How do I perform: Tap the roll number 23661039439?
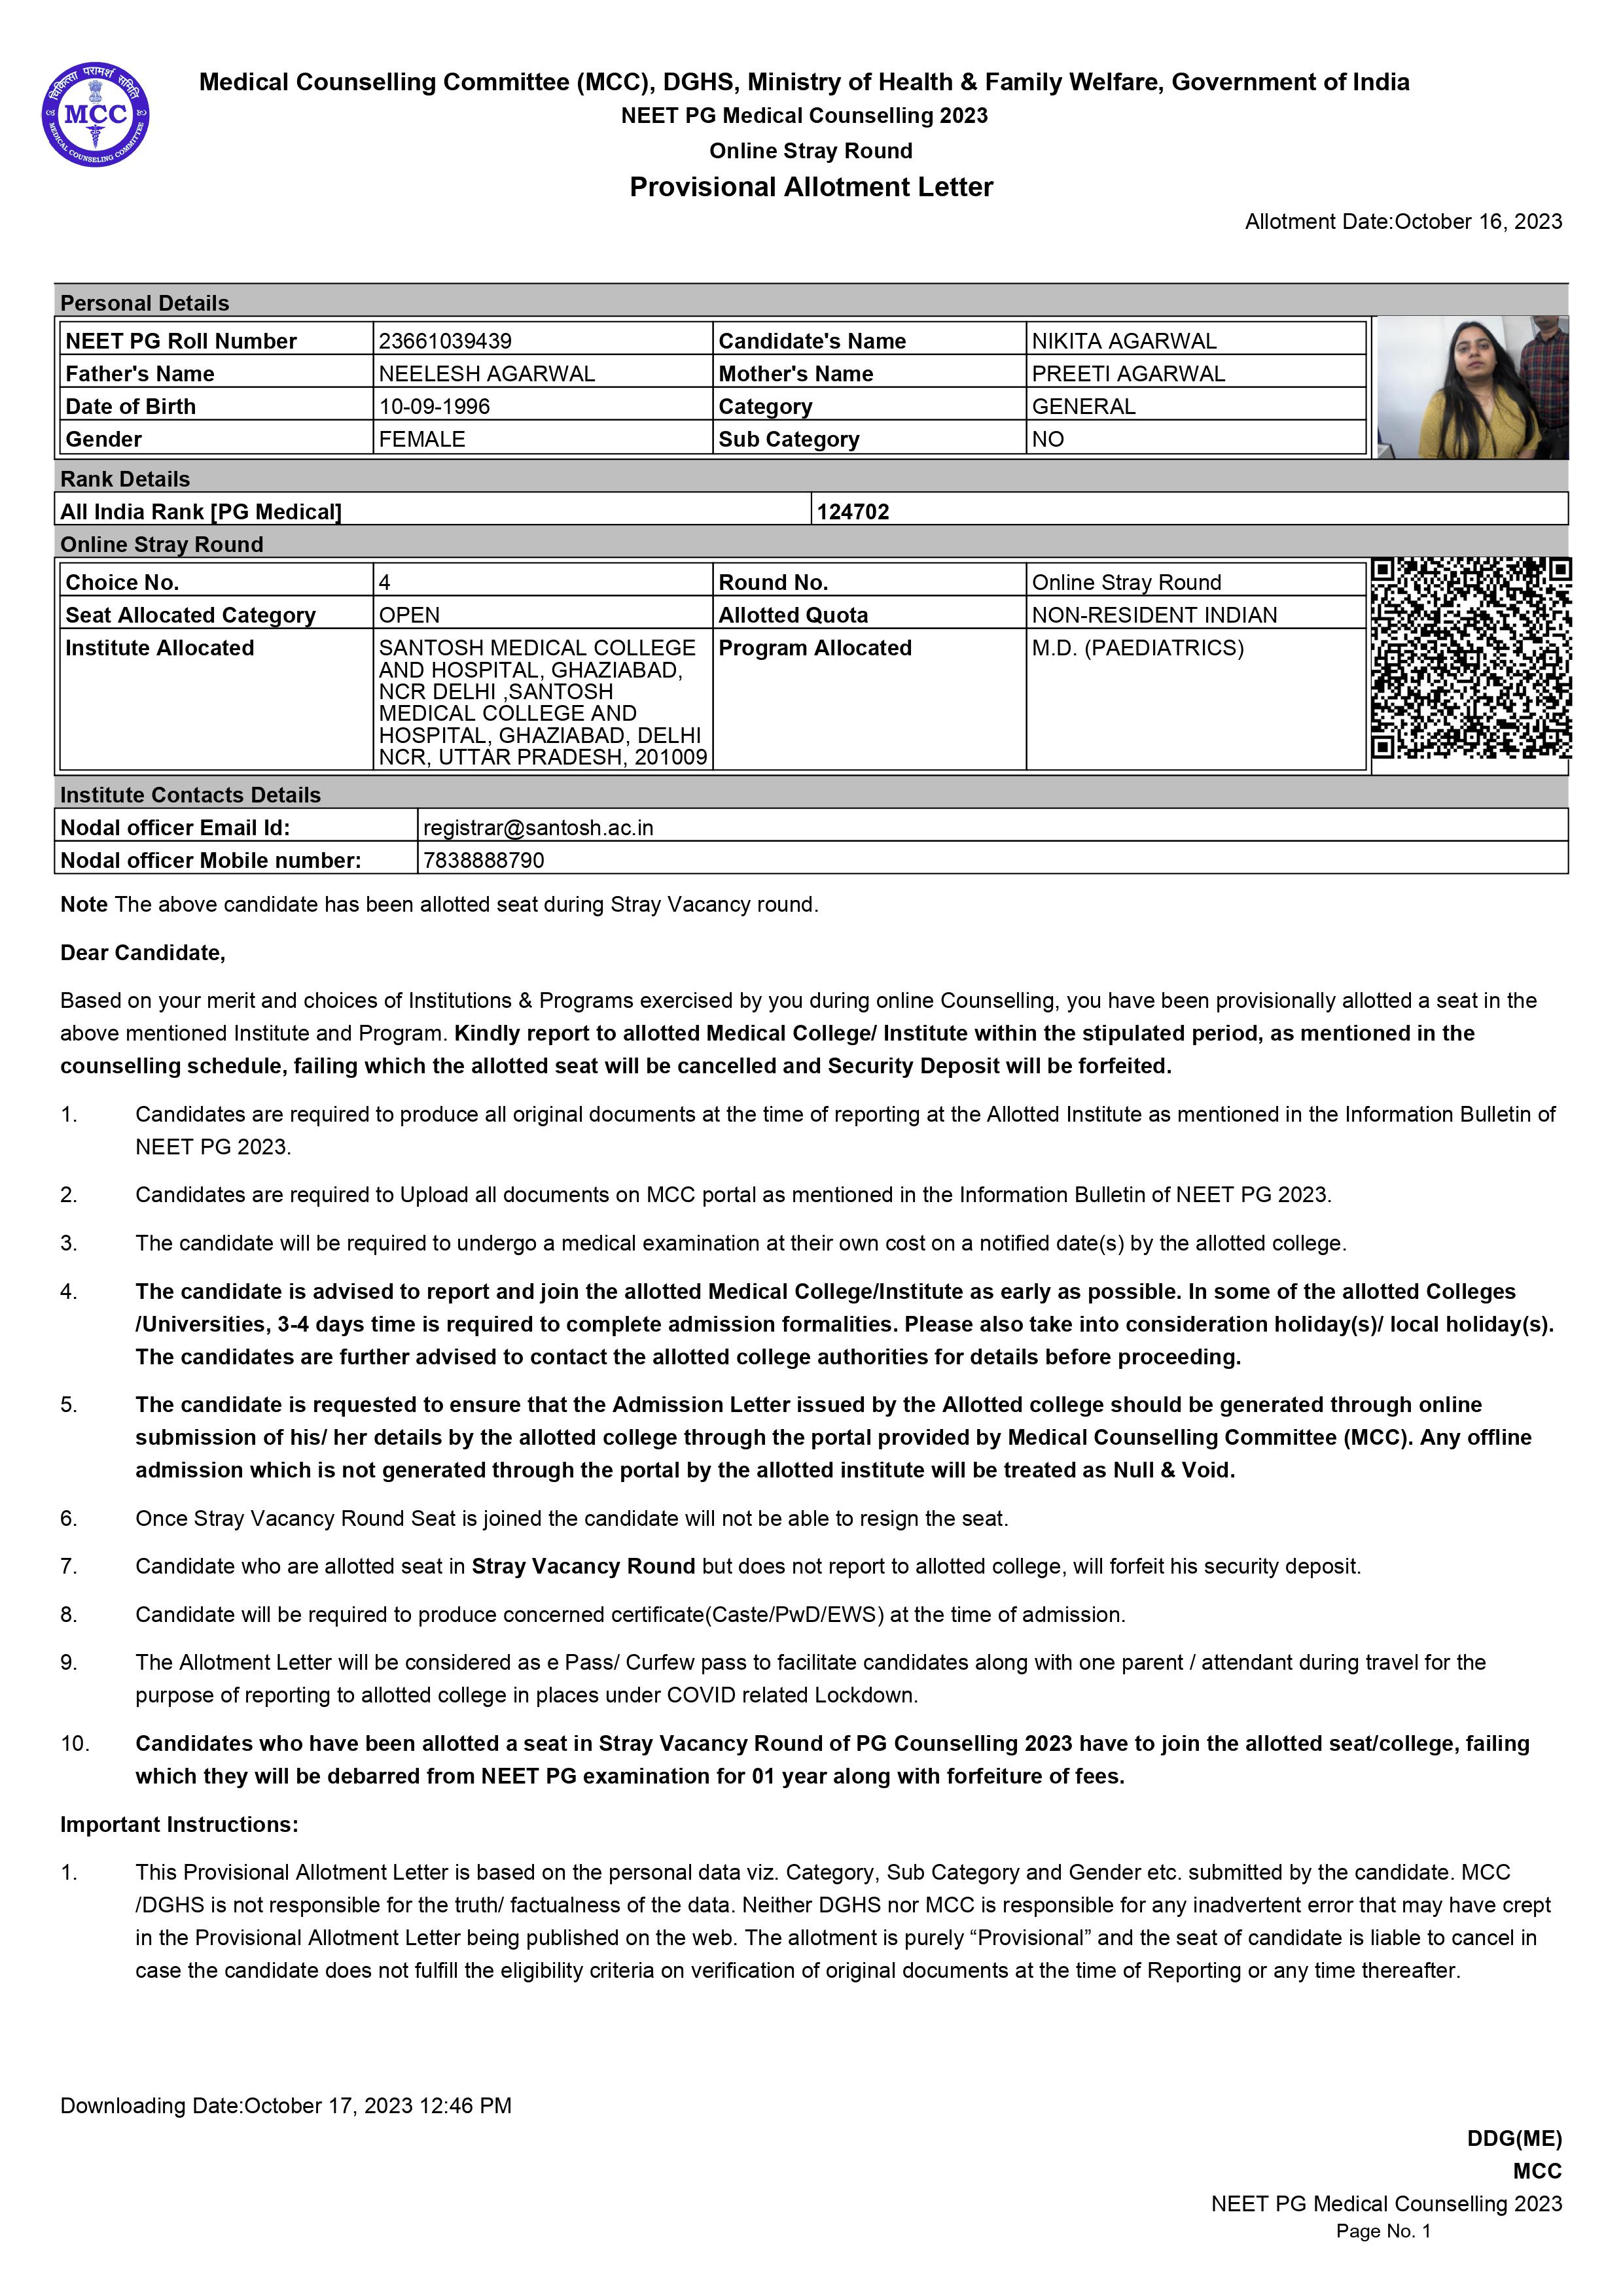[445, 341]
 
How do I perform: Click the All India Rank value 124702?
[853, 511]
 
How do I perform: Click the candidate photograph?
[1471, 388]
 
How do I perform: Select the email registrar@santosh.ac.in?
[538, 827]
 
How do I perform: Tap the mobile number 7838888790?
[484, 861]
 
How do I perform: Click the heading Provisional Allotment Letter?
[811, 187]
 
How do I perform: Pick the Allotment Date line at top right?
[1403, 222]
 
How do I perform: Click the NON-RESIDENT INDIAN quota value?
[1154, 615]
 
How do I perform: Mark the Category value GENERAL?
[1083, 406]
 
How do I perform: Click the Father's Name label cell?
[140, 374]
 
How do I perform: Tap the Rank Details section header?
[125, 479]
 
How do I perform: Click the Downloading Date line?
[286, 2105]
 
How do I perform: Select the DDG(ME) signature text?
[1513, 2138]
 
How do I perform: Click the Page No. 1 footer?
[1383, 2231]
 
